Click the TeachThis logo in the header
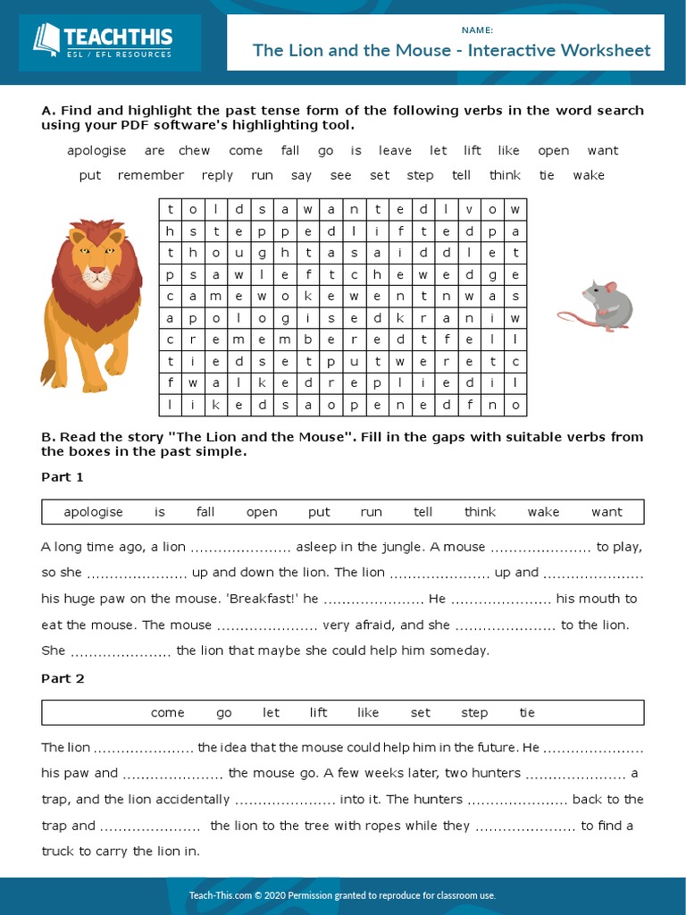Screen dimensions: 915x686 [x=102, y=41]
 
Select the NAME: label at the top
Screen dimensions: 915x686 [x=477, y=29]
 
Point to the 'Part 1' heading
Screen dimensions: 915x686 [x=63, y=477]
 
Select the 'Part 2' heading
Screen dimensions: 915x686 [x=63, y=678]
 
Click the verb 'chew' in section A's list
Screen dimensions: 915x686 [x=194, y=151]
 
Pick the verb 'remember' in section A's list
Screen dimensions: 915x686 [x=151, y=175]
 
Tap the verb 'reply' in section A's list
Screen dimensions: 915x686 [x=217, y=175]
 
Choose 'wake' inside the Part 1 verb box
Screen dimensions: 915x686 [x=543, y=512]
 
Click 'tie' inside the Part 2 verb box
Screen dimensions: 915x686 [x=527, y=713]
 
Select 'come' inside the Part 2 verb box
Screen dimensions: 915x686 [x=167, y=713]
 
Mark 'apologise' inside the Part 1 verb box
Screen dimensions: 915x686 [x=93, y=512]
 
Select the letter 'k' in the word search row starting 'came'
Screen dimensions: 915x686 [x=306, y=296]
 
